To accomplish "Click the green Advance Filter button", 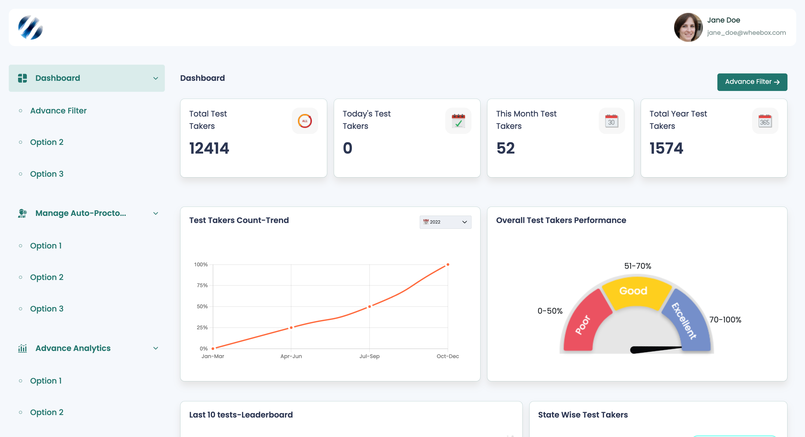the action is click(752, 82).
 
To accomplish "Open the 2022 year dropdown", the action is click(445, 222).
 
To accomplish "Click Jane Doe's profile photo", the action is click(688, 27).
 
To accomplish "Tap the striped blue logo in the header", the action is click(30, 27).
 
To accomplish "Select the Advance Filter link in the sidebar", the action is click(58, 111).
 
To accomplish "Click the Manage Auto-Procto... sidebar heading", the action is click(81, 213).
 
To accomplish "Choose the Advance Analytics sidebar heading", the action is click(73, 348).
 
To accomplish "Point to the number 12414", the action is click(209, 148).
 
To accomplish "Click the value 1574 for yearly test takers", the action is click(666, 148).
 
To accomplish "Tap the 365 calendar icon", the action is click(765, 121).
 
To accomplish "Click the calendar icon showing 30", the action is click(612, 121).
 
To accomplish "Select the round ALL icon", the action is click(305, 121).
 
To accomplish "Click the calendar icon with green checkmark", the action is click(458, 121).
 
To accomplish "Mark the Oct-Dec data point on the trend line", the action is click(448, 264).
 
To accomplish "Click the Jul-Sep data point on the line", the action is click(369, 306).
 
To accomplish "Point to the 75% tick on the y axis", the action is click(202, 285).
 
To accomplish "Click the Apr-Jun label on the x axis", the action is click(291, 356).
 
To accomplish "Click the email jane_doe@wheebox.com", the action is click(746, 33).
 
